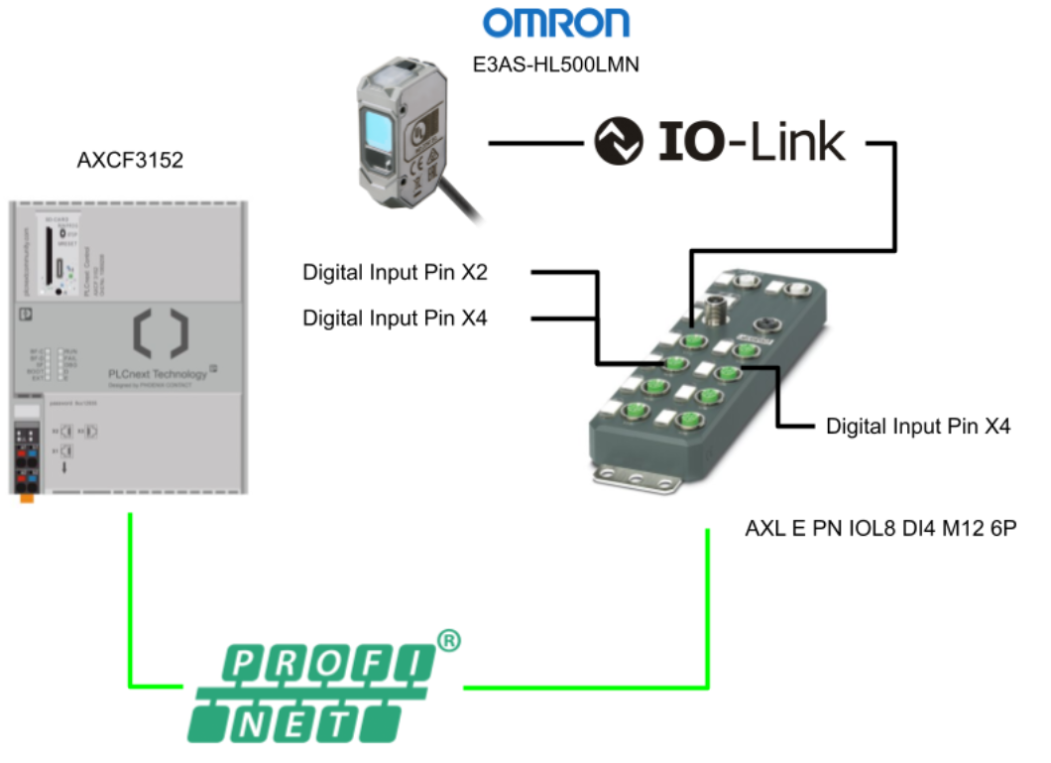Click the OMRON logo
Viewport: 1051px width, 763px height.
pos(555,23)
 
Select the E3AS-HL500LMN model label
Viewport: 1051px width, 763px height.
pos(555,66)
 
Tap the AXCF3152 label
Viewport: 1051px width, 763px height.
pos(130,161)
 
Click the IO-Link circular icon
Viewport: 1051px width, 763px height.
pos(620,142)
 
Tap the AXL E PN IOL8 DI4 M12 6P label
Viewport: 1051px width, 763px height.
pos(880,529)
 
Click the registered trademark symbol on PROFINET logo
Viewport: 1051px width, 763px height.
pos(448,642)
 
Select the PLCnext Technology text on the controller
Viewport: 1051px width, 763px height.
pos(157,374)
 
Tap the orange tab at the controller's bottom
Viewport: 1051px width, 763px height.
pos(25,496)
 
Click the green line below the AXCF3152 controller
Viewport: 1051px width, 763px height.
pos(130,595)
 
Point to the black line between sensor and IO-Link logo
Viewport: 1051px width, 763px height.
pos(535,143)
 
